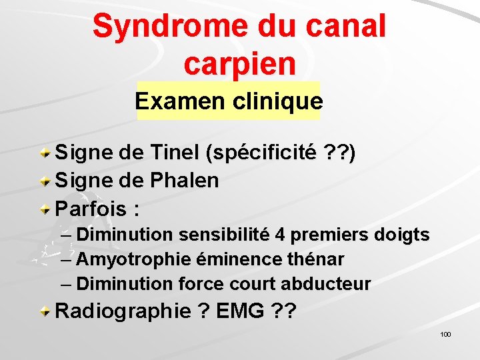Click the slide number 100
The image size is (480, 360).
point(446,334)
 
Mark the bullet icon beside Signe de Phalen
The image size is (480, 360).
point(45,181)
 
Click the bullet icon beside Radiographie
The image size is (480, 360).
point(45,311)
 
